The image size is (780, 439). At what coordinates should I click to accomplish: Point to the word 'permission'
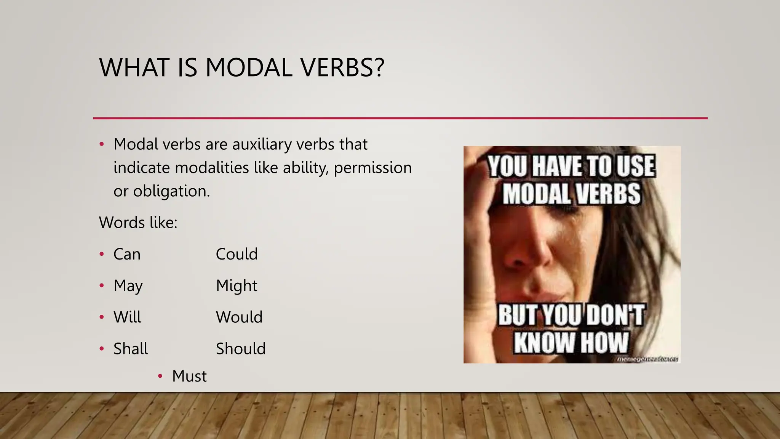coord(372,168)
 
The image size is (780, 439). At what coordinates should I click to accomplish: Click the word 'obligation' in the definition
coord(171,191)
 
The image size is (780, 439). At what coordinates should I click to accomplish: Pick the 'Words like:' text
coord(138,223)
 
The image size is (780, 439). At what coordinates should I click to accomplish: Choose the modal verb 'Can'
coord(127,254)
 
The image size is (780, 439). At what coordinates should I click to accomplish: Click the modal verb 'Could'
coord(237,254)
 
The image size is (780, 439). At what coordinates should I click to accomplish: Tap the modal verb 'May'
coord(128,286)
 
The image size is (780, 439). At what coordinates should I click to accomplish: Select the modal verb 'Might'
coord(237,286)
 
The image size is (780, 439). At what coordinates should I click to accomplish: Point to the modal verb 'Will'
coord(127,317)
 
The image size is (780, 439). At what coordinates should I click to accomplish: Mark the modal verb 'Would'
coord(239,317)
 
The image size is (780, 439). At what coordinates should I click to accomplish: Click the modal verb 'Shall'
coord(131,349)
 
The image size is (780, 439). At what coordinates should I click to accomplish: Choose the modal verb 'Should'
coord(241,349)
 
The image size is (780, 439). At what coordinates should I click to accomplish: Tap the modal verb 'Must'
coord(189,377)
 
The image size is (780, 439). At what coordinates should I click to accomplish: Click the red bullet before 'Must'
coord(160,377)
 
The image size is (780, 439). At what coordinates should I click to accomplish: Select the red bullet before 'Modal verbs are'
coord(101,144)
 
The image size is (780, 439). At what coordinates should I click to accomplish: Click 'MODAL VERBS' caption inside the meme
coord(571,194)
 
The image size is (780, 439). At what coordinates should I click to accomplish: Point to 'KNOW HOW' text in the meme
coord(571,342)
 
